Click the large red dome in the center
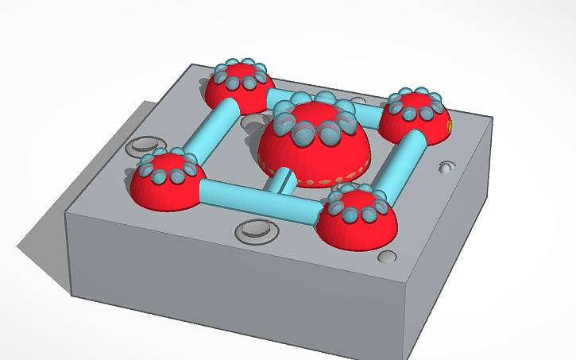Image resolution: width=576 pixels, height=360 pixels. [x=314, y=155]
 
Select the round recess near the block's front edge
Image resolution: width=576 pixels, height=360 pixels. [x=256, y=231]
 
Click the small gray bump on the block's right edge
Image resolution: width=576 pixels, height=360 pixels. [x=446, y=168]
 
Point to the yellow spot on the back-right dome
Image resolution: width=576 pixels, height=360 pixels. [x=450, y=126]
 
